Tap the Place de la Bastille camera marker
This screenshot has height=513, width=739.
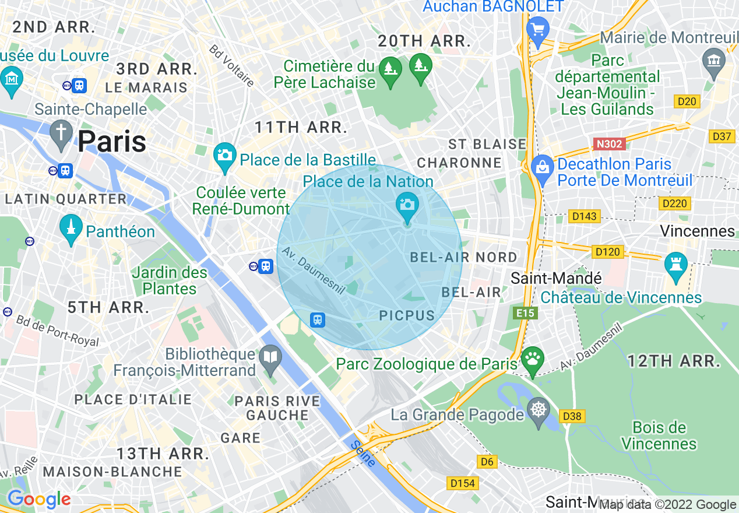(x=224, y=156)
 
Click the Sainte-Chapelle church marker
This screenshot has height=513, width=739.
(x=61, y=133)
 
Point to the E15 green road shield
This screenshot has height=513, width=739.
(x=525, y=314)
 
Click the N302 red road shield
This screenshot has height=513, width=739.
(x=609, y=143)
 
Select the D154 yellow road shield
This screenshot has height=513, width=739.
(x=463, y=483)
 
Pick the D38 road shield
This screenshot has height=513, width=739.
(x=572, y=416)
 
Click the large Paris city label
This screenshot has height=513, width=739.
(x=112, y=142)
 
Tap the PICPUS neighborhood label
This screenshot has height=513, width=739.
(x=407, y=316)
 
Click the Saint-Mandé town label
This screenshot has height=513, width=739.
(x=556, y=278)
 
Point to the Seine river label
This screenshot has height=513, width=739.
(x=363, y=454)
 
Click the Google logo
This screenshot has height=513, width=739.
(x=39, y=500)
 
